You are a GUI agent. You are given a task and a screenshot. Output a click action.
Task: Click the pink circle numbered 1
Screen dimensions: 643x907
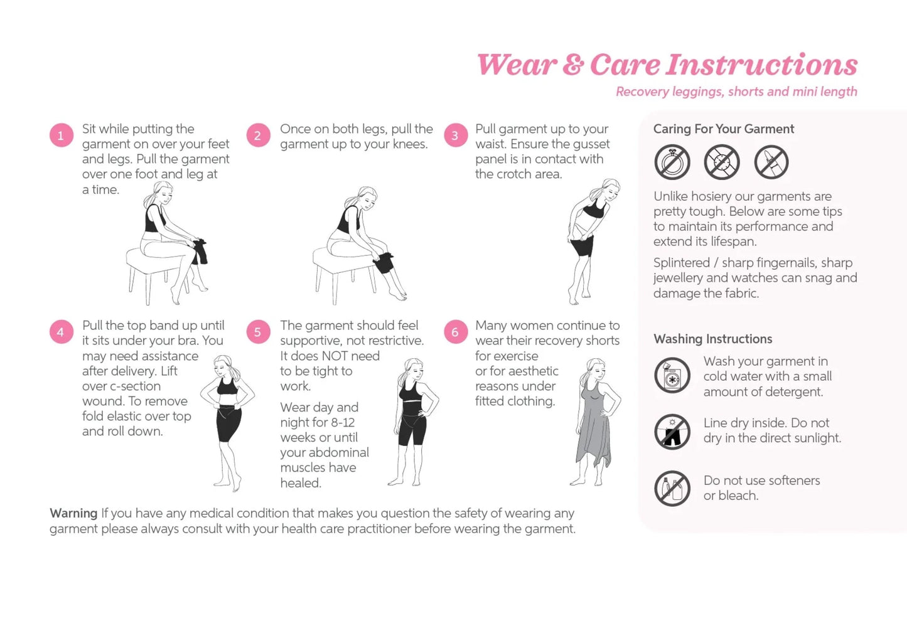pos(61,136)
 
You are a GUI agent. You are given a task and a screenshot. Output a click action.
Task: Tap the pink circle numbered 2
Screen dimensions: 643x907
pos(257,136)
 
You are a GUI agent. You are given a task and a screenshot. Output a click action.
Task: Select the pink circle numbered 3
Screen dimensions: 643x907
pos(455,136)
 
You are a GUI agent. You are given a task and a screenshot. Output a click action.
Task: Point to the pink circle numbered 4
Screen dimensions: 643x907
pos(61,332)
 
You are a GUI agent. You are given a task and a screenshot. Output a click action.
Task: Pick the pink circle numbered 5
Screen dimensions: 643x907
pos(257,332)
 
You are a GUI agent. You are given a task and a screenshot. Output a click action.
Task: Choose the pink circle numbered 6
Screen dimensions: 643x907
pos(455,332)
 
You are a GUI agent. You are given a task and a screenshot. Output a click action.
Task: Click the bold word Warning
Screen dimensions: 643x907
pos(73,513)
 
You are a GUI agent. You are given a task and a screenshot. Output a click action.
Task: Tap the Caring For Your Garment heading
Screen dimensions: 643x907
pos(723,129)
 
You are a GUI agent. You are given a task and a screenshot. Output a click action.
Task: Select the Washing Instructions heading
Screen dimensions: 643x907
pos(712,339)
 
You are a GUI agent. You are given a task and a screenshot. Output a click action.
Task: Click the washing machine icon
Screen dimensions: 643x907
pos(672,376)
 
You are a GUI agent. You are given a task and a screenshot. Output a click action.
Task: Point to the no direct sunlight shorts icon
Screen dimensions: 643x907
pos(672,432)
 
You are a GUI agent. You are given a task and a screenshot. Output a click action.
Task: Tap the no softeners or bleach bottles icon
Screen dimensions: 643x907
pos(672,489)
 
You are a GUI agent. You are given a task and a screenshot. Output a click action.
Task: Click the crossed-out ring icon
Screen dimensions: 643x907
pos(672,162)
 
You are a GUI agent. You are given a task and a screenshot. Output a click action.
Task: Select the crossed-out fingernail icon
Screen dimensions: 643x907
pos(771,162)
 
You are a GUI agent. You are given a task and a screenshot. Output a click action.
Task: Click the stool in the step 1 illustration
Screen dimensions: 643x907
pos(151,263)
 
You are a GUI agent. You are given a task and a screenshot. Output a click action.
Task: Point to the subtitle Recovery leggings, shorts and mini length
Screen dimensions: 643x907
pos(736,92)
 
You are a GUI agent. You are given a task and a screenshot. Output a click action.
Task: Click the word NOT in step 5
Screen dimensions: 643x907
pos(335,356)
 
